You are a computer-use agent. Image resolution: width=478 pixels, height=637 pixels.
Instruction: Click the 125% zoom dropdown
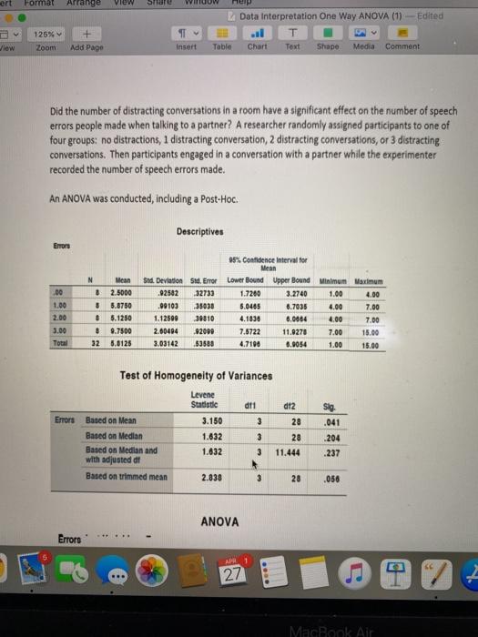[47, 34]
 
